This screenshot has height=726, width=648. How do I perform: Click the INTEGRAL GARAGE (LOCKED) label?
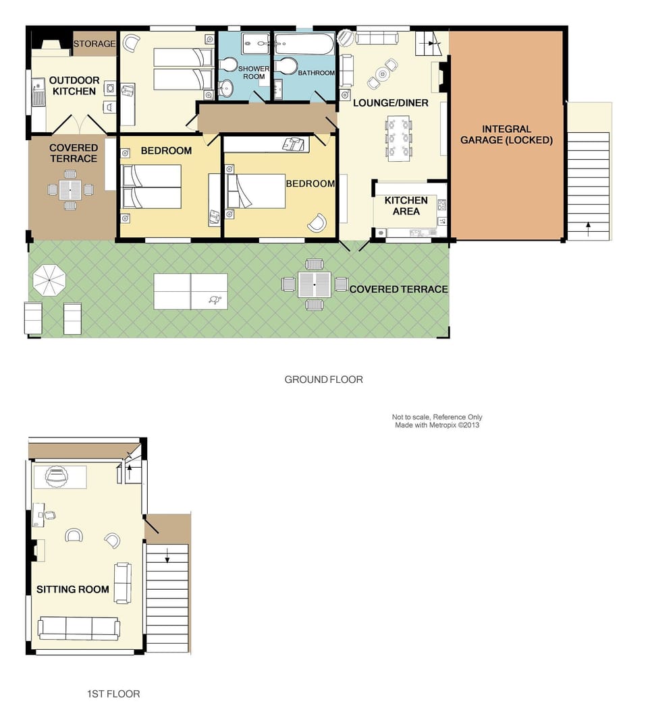point(506,135)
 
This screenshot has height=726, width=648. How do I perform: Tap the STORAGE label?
point(94,44)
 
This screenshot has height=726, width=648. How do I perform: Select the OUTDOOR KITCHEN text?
point(74,86)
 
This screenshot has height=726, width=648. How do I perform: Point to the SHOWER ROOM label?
point(254,72)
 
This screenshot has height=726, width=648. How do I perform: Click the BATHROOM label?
point(316,73)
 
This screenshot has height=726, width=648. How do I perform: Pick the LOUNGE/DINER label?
point(391,102)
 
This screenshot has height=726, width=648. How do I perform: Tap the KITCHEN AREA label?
point(406,206)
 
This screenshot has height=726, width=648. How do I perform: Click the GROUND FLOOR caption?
point(323,380)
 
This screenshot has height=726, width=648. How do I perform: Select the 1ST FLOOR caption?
point(113,694)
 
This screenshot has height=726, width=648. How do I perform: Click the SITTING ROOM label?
point(73,589)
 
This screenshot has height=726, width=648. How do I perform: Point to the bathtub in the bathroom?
point(304,44)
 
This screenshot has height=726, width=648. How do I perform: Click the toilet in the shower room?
point(227,64)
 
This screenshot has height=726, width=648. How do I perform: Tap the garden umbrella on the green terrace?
point(49,280)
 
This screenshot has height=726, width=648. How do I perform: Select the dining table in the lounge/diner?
point(399,138)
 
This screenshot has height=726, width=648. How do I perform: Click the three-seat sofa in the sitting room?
point(79,628)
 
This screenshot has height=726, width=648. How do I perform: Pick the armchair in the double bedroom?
point(317,222)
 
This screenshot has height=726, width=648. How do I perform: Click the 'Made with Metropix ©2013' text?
point(437,425)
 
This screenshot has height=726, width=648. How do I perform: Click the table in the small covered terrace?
point(70,190)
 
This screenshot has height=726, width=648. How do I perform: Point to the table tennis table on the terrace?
point(190,291)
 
